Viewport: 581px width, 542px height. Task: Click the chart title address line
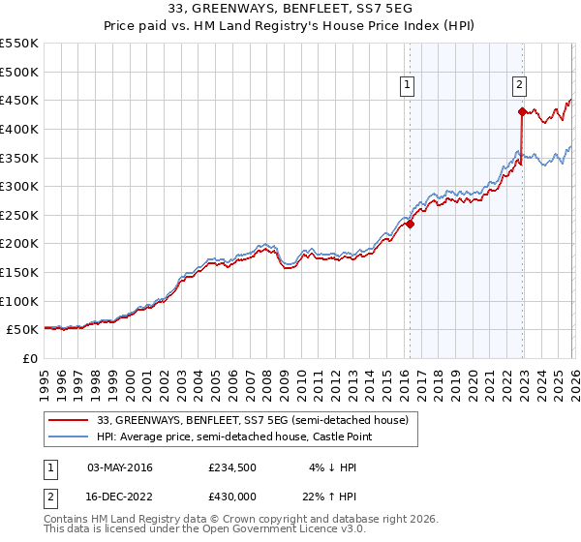290,8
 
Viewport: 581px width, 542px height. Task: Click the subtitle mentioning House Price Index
290,26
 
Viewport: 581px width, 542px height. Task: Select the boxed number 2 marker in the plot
520,85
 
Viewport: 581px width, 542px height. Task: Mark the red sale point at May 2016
410,224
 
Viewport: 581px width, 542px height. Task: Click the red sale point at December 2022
522,111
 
